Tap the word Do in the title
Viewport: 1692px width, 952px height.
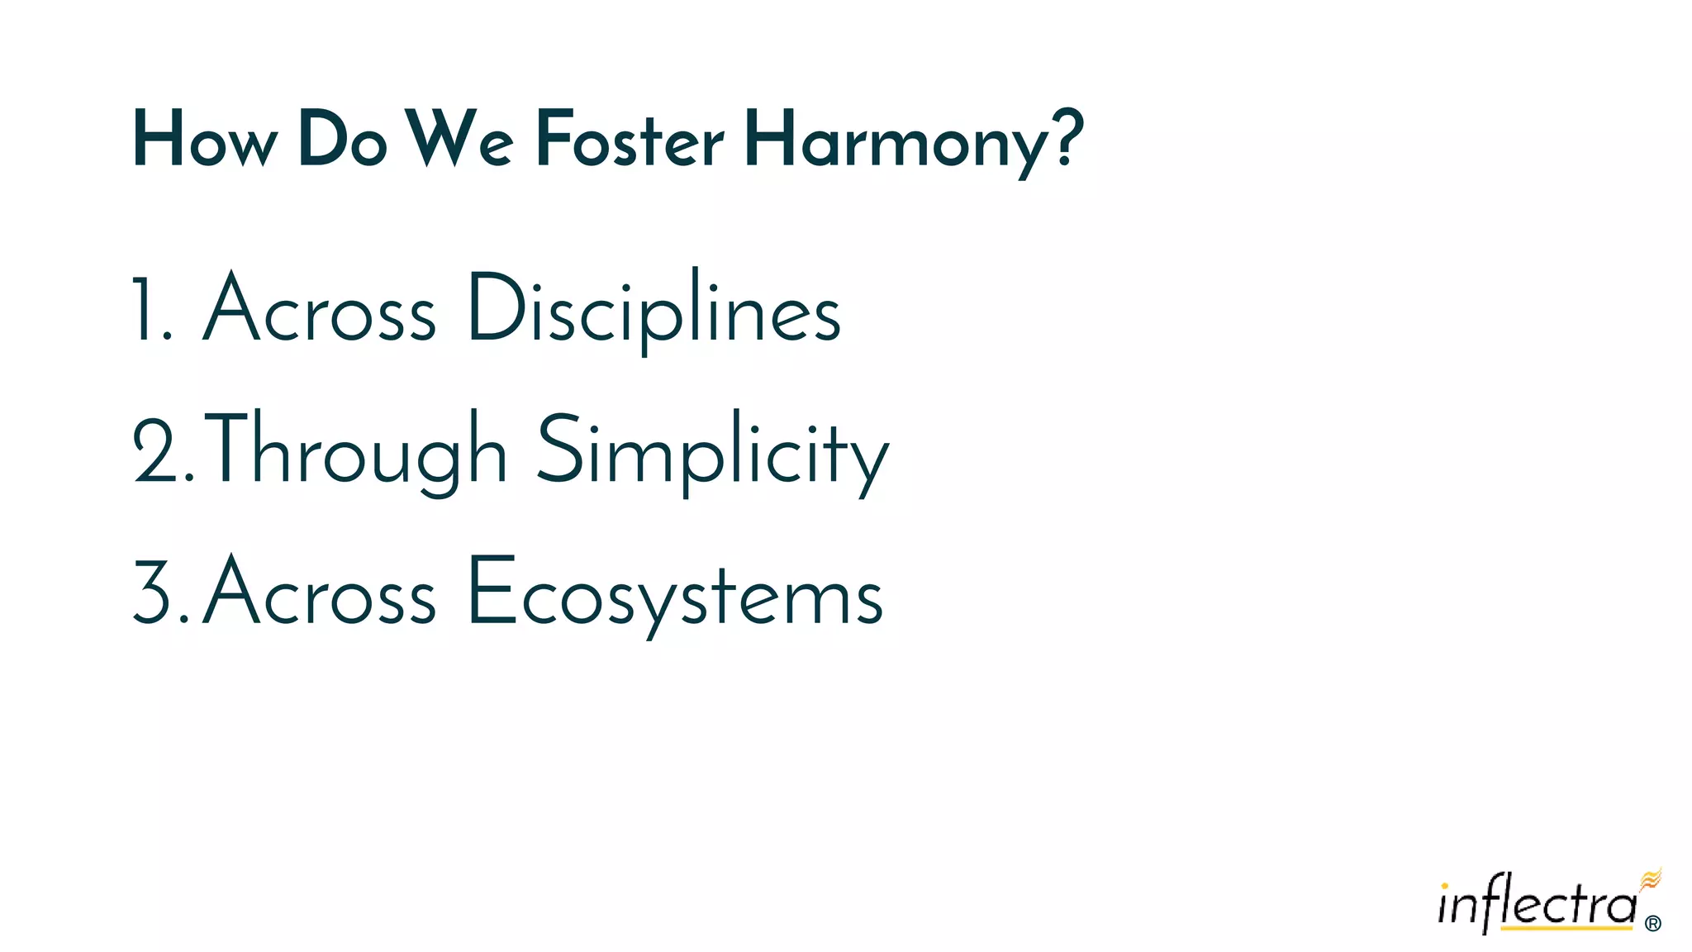coord(342,140)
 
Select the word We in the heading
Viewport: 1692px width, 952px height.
coord(459,140)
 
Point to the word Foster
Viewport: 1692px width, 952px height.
coord(630,140)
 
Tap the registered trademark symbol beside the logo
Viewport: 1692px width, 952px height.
coord(1652,924)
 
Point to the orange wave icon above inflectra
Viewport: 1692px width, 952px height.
coord(1650,880)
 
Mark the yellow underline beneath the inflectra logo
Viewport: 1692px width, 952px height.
coord(1566,930)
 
